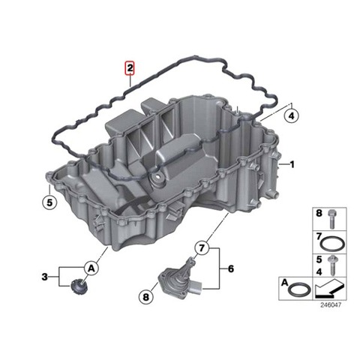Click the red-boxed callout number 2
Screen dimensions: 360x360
click(x=130, y=68)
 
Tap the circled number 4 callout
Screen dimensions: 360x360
click(x=292, y=116)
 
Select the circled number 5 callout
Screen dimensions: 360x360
click(x=49, y=202)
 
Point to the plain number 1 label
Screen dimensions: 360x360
click(x=292, y=164)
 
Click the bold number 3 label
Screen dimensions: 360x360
click(x=44, y=277)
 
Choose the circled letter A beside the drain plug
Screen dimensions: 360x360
click(x=91, y=268)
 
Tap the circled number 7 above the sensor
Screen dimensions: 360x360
click(x=202, y=248)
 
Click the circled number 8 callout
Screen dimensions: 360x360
click(x=145, y=297)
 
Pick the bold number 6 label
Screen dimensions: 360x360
click(x=230, y=269)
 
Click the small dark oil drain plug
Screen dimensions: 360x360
click(x=79, y=286)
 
